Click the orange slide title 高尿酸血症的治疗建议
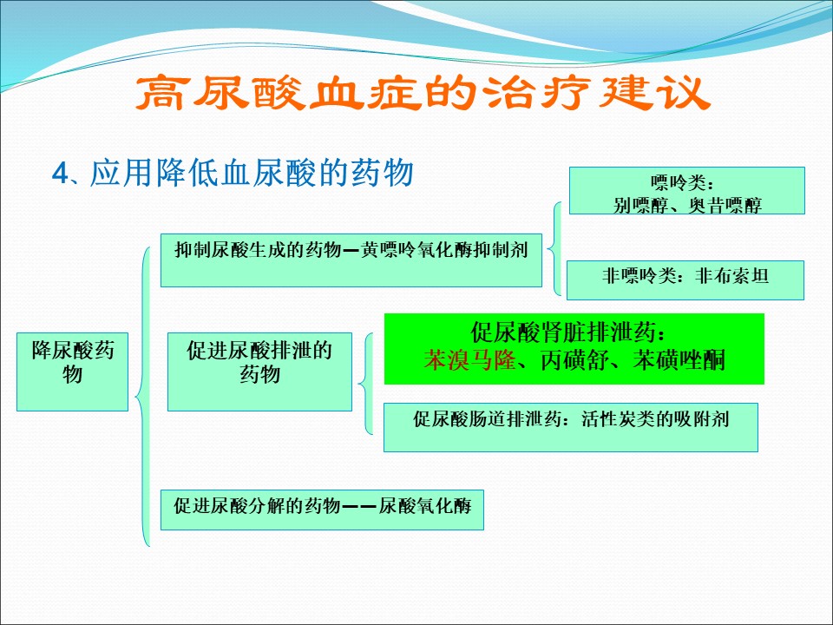[423, 94]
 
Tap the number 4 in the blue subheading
[60, 174]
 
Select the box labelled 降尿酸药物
[72, 372]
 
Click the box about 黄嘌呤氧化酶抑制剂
[351, 260]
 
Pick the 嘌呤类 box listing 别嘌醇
[687, 191]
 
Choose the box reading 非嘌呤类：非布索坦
[685, 280]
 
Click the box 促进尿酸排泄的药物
[259, 372]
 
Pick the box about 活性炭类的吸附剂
[571, 428]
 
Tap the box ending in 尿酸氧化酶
[322, 510]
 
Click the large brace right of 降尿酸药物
[142, 397]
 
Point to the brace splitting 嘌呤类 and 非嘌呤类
[554, 248]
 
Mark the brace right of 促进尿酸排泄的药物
[365, 384]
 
